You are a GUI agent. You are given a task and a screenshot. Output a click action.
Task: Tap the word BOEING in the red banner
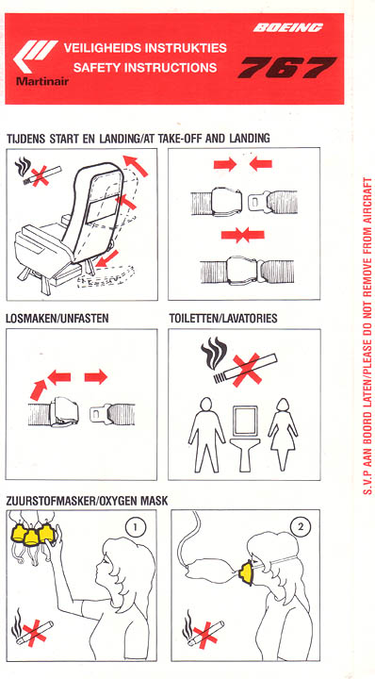pyautogui.click(x=287, y=28)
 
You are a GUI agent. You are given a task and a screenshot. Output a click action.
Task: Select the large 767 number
pyautogui.click(x=287, y=67)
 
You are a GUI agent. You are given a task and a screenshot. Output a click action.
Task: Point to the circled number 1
pyautogui.click(x=136, y=527)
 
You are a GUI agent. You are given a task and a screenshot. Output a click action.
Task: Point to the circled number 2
pyautogui.click(x=301, y=527)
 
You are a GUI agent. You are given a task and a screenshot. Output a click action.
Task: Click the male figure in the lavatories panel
pyautogui.click(x=206, y=435)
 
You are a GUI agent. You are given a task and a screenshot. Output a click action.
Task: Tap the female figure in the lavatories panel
pyautogui.click(x=283, y=435)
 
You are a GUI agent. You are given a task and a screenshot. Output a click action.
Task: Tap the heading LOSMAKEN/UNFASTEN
pyautogui.click(x=57, y=319)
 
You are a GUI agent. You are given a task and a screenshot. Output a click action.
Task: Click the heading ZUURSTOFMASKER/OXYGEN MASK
pyautogui.click(x=87, y=501)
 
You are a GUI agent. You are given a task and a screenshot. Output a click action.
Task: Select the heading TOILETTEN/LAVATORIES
pyautogui.click(x=223, y=319)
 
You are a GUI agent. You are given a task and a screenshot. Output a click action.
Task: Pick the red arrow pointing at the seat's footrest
pyautogui.click(x=106, y=257)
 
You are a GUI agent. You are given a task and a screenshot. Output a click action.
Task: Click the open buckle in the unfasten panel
pyautogui.click(x=64, y=412)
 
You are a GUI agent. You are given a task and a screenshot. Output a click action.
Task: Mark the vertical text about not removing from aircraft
pyautogui.click(x=367, y=336)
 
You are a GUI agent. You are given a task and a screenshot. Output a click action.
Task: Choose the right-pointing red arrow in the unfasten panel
pyautogui.click(x=95, y=376)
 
